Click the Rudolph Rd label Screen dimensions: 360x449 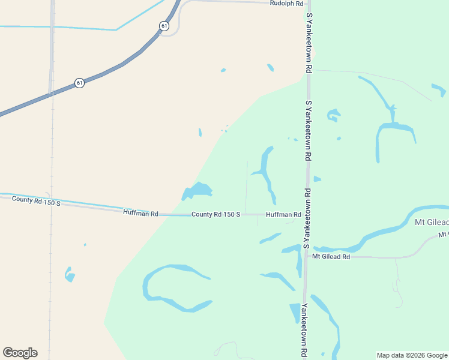pos(286,3)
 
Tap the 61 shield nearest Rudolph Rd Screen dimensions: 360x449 pos(164,26)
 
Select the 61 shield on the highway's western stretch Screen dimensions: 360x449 pos(79,83)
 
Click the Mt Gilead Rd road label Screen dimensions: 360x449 pos(331,257)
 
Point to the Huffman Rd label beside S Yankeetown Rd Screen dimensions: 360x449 pos(283,214)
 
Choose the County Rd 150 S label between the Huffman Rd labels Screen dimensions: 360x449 pos(215,214)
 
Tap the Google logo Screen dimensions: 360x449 pos(20,353)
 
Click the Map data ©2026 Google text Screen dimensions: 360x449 pos(412,355)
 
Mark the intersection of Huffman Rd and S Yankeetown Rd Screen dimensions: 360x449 pos(306,214)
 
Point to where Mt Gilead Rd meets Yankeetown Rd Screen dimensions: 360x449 pos(306,257)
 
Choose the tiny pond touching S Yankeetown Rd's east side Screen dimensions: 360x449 pos(316,179)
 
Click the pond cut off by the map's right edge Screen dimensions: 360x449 pos(440,91)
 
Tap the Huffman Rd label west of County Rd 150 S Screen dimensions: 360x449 pos(140,213)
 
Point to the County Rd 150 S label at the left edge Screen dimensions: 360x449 pos(37,203)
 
